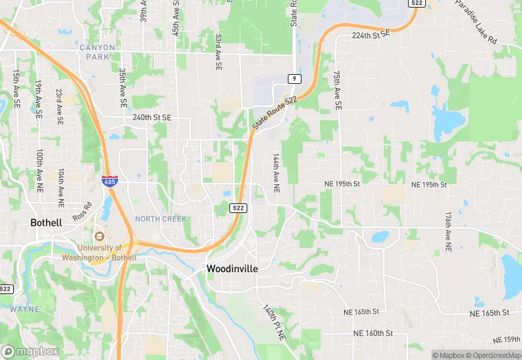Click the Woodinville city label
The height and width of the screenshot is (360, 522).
tap(232, 269)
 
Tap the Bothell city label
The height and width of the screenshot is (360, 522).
tap(46, 223)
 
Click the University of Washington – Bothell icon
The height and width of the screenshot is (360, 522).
tap(100, 236)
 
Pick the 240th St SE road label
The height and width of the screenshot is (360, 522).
tap(152, 117)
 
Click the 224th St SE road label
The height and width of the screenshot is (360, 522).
tap(370, 33)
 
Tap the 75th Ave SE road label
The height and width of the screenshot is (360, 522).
tap(337, 91)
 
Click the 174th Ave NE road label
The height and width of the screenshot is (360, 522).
tap(448, 231)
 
